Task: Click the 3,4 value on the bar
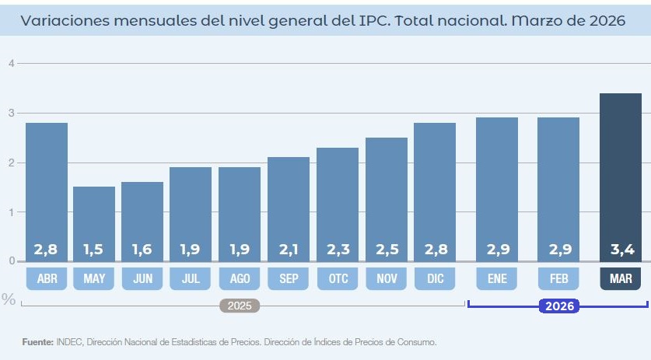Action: click(x=620, y=250)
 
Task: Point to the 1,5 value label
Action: click(x=94, y=250)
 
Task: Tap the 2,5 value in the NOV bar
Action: click(x=387, y=250)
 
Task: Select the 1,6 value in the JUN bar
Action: click(x=142, y=250)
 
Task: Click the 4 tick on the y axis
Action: click(x=11, y=64)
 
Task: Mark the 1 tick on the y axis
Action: click(x=11, y=212)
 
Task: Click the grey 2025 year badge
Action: click(x=240, y=306)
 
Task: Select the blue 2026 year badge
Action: click(x=560, y=306)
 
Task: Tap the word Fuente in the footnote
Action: click(x=37, y=341)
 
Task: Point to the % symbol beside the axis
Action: click(x=9, y=299)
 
